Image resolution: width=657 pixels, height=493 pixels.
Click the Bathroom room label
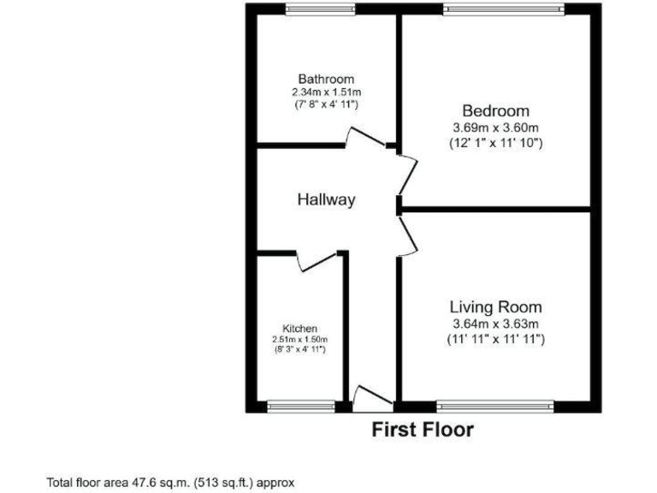click(x=325, y=79)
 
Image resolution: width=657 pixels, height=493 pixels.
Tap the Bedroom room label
click(x=495, y=110)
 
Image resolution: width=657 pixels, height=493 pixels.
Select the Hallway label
click(x=326, y=199)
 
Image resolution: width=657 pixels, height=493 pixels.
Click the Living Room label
click(x=495, y=306)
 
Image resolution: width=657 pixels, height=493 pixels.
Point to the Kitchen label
click(x=300, y=328)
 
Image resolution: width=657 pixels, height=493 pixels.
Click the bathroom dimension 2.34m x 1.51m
click(x=325, y=92)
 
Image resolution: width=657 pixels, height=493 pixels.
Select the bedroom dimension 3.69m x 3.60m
click(x=495, y=128)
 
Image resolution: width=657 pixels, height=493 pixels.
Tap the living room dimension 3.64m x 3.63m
click(x=495, y=323)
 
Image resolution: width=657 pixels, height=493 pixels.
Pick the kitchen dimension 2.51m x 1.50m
click(x=300, y=339)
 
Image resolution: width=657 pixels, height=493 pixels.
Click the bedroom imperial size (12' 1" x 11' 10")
click(x=495, y=143)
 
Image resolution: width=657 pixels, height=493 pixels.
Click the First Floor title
click(x=422, y=430)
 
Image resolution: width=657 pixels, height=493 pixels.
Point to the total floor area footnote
click(x=170, y=482)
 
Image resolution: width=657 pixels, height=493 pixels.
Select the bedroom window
click(x=504, y=9)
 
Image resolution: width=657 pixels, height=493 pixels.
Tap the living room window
click(x=496, y=405)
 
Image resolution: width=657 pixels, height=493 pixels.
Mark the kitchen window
click(x=300, y=405)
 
